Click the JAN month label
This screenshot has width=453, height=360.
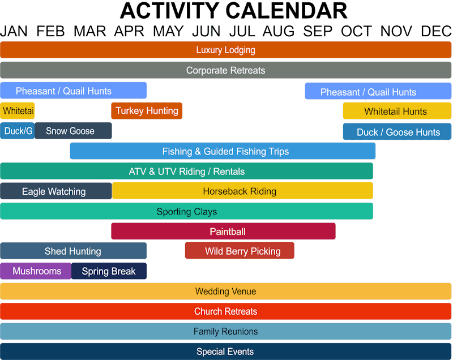click(14, 31)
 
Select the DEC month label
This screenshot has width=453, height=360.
click(437, 31)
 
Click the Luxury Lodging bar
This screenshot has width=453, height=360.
click(225, 50)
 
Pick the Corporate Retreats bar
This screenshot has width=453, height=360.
click(225, 70)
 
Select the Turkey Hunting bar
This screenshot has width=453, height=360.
click(147, 110)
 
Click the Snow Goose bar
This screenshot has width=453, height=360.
click(73, 131)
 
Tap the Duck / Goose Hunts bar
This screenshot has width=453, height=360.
click(398, 132)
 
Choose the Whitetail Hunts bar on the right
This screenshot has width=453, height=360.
click(396, 111)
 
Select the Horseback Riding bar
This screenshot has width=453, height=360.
click(242, 191)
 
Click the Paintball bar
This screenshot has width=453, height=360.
click(223, 232)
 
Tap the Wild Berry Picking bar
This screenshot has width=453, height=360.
click(240, 251)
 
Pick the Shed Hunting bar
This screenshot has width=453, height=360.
click(73, 251)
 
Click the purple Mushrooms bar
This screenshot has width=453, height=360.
click(36, 271)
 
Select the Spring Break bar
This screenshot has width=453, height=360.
click(109, 271)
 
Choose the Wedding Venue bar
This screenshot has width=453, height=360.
click(225, 292)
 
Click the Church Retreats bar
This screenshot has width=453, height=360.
click(225, 311)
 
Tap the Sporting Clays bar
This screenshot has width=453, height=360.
click(186, 211)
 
